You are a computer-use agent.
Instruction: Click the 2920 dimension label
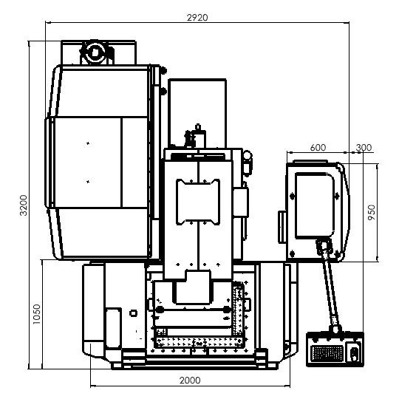(x=197, y=18)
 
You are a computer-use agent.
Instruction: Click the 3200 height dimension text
(x=24, y=205)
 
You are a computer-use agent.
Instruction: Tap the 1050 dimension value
(x=37, y=314)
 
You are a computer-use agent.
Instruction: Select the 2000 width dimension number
(x=190, y=381)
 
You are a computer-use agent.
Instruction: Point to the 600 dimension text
(x=318, y=147)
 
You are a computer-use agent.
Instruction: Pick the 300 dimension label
(x=364, y=147)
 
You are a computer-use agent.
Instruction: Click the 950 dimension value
(x=372, y=212)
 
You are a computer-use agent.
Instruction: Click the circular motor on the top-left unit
(x=95, y=52)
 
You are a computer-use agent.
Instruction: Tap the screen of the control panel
(x=315, y=205)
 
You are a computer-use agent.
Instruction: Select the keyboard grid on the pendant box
(x=327, y=353)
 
